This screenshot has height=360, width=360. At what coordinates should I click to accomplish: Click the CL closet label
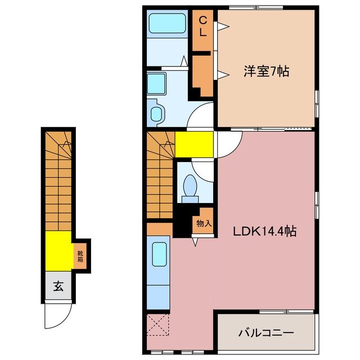click(x=202, y=26)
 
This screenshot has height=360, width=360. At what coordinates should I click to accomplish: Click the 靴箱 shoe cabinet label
click(x=80, y=256)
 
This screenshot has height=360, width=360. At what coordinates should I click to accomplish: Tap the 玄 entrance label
click(x=58, y=287)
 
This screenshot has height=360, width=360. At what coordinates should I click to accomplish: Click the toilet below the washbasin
click(x=156, y=113)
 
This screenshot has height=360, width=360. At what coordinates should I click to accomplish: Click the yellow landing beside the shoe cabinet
click(x=58, y=251)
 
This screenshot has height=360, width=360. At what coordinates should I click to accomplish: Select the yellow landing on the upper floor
click(x=193, y=145)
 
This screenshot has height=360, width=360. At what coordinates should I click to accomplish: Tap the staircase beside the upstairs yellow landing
click(x=160, y=175)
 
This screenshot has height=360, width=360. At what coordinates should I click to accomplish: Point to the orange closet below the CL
click(x=201, y=73)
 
